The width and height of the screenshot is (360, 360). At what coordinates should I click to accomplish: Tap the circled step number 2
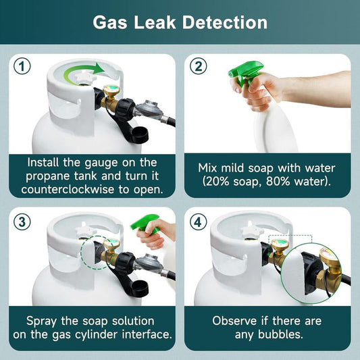199,66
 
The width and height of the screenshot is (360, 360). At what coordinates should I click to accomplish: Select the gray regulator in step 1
149,109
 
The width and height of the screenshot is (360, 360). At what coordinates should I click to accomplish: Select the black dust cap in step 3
138,289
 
